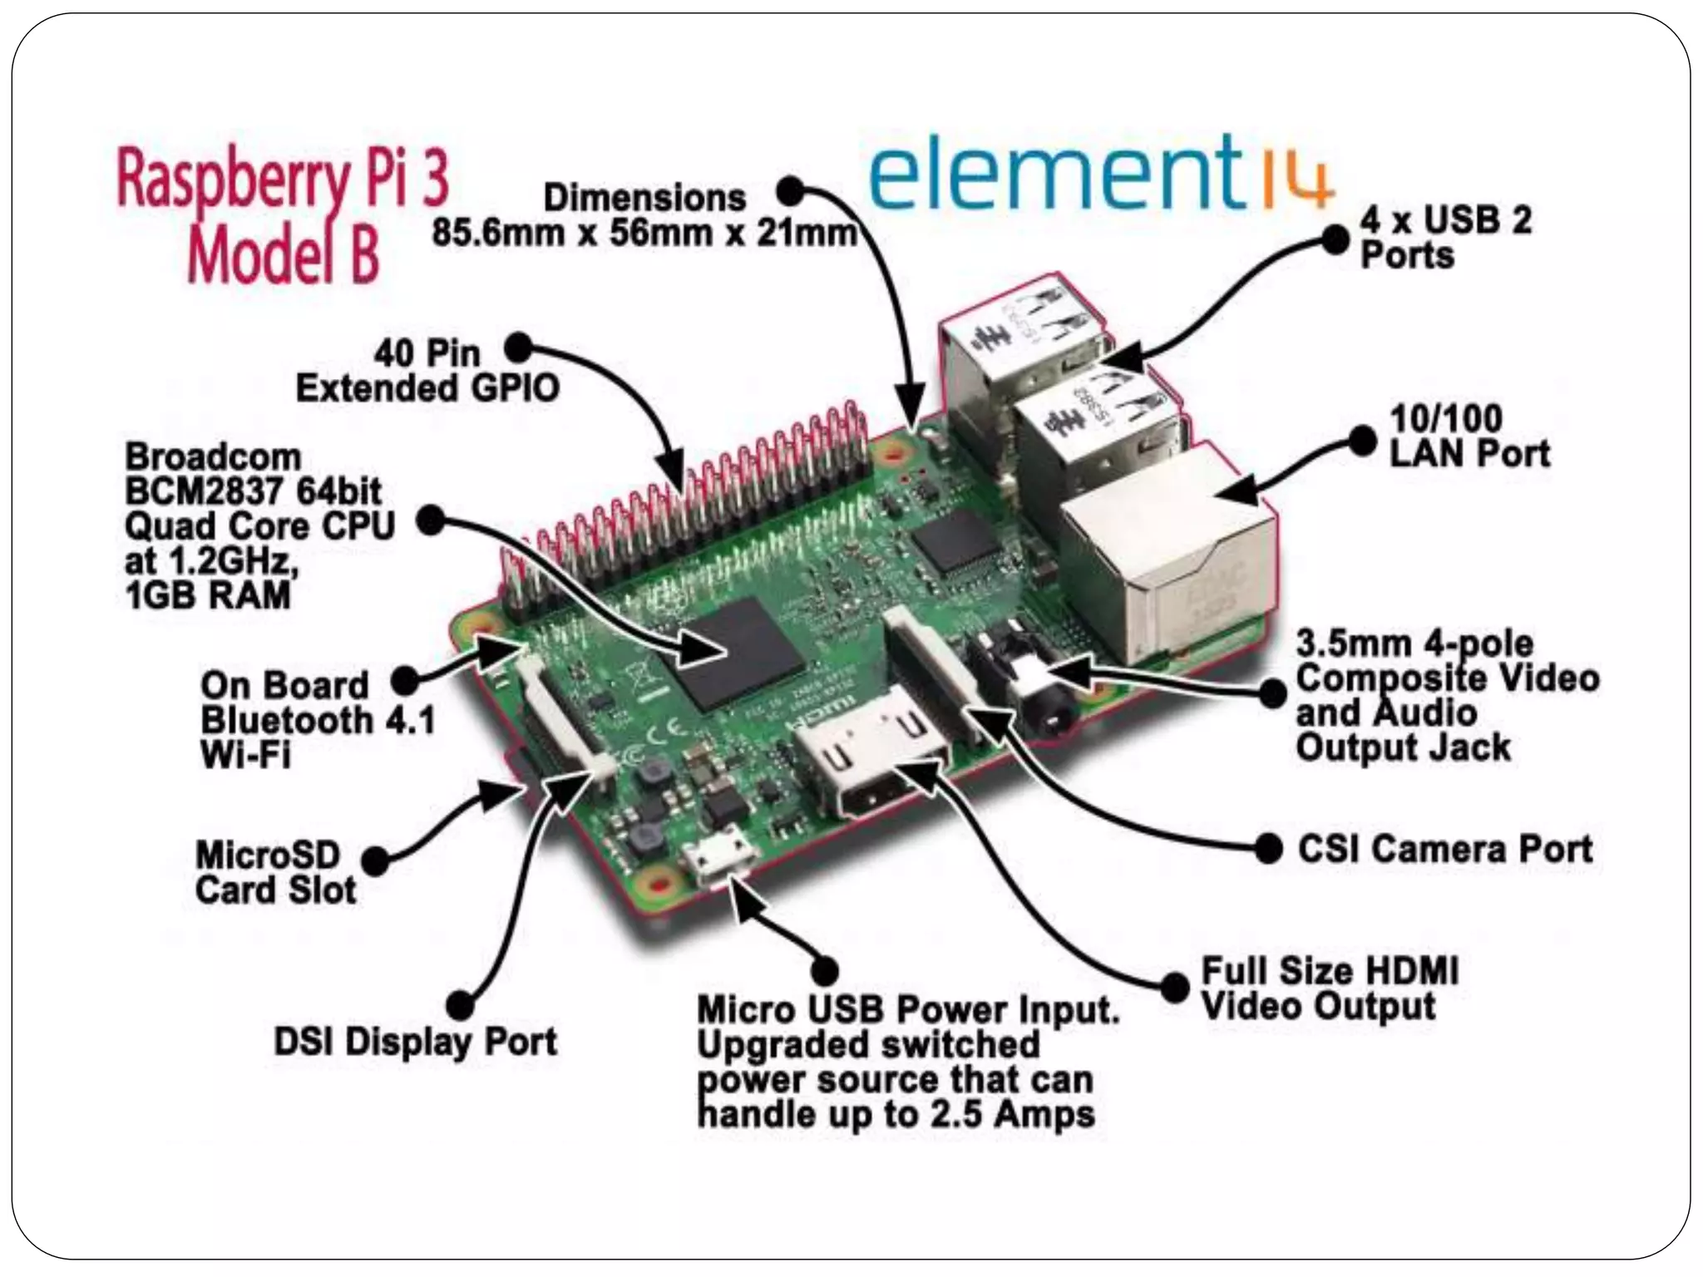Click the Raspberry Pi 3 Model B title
click(x=283, y=216)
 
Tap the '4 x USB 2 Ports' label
click(x=1445, y=238)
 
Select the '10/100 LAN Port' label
click(x=1469, y=436)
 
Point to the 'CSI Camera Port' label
click(x=1445, y=849)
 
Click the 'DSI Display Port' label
click(x=415, y=1042)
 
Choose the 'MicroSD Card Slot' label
click(x=276, y=872)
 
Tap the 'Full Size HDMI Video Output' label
click(x=1329, y=989)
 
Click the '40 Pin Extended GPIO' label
click(x=427, y=371)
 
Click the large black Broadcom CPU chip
click(x=740, y=653)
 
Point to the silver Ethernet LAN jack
click(x=1168, y=565)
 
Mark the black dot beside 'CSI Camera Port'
click(x=1268, y=849)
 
